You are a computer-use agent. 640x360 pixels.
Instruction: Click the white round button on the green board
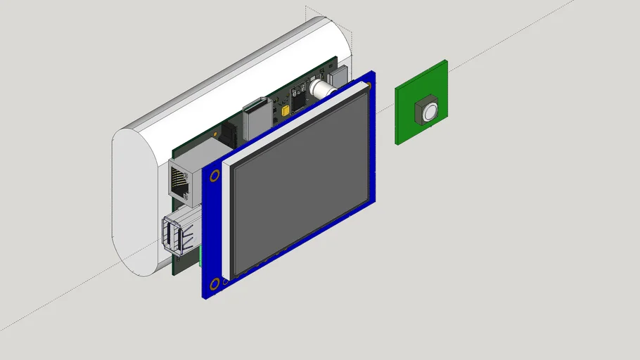pos(428,110)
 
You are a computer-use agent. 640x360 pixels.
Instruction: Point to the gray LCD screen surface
pos(299,186)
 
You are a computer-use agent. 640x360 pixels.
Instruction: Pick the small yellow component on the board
pos(285,110)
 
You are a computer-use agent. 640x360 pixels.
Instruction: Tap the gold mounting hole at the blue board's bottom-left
pos(213,283)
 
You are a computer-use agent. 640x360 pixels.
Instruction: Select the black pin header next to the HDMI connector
pos(230,134)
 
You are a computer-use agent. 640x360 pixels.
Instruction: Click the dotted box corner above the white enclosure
pos(307,8)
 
